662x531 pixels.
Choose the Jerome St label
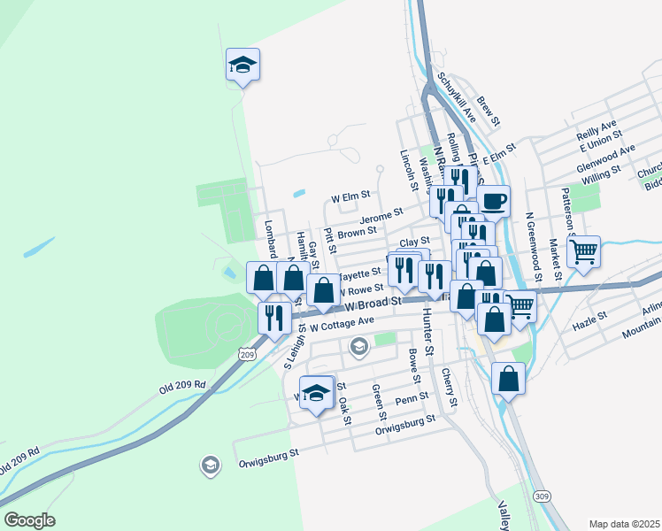coord(381,216)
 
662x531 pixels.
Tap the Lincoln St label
coord(408,168)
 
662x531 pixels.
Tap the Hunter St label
coord(427,334)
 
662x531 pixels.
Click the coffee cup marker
coord(493,201)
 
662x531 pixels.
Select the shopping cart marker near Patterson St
coord(583,251)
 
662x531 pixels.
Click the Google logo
coord(29,520)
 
